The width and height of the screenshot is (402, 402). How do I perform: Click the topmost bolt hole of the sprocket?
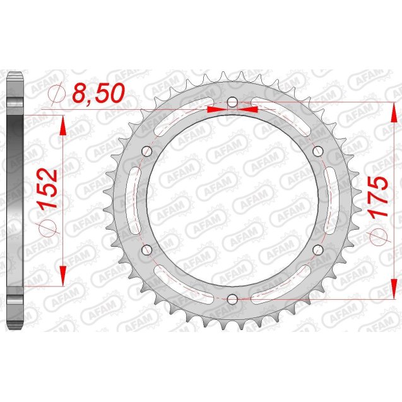pos(232,101)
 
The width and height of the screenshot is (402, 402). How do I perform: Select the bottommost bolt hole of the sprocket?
pos(232,298)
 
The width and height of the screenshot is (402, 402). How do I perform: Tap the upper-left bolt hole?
pos(148,150)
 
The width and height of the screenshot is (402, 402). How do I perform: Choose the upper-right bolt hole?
pos(317,150)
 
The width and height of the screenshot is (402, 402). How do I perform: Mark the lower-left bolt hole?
pos(148,249)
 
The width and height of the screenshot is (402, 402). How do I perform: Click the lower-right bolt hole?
pos(317,249)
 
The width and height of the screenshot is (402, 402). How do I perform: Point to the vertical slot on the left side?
pos(134,199)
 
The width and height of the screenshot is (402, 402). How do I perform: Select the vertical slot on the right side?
pos(331,199)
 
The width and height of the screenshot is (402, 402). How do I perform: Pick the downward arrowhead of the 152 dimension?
pos(62,273)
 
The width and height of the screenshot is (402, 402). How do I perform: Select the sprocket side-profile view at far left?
pos(14,199)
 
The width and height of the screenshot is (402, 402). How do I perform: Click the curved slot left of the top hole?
pos(183,114)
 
